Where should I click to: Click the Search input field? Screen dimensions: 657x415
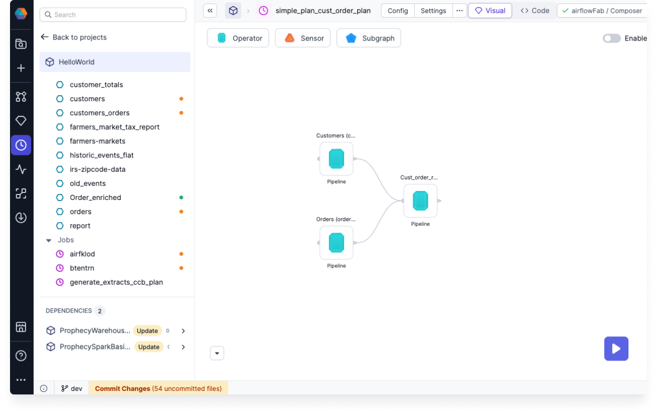point(113,15)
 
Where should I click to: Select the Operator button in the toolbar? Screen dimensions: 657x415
point(238,38)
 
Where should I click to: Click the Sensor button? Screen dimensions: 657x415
point(303,38)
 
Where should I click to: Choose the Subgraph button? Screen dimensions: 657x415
point(369,38)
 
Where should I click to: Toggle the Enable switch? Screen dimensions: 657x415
point(611,38)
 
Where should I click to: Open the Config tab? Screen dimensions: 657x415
point(398,11)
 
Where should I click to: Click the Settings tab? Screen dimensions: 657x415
point(433,11)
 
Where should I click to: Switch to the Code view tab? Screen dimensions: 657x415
point(535,11)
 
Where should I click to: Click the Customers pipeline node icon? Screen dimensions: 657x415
point(337,159)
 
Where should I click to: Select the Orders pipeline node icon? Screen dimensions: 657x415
point(337,243)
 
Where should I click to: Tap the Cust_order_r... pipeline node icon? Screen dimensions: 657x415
point(420,201)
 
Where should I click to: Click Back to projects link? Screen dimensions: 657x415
point(74,37)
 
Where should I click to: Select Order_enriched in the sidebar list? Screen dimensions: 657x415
point(95,197)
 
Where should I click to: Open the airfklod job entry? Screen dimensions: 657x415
point(82,254)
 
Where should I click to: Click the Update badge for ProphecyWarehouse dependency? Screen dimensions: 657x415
point(147,331)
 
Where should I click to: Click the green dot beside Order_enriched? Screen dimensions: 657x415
point(181,197)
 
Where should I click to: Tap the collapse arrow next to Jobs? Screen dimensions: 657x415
point(49,240)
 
